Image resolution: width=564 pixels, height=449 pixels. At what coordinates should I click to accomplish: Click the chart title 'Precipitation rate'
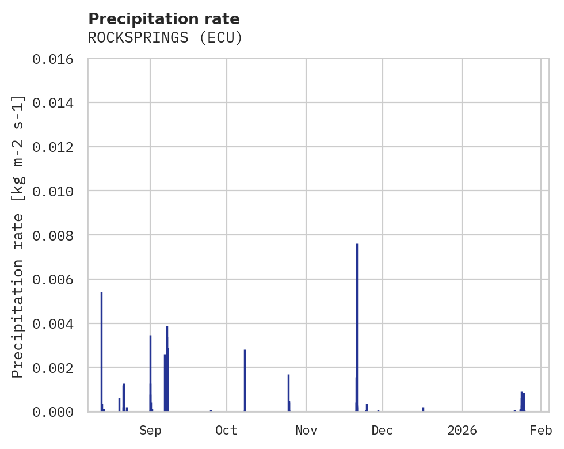(163, 19)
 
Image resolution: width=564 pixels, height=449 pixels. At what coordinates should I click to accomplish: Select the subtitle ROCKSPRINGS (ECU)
(165, 38)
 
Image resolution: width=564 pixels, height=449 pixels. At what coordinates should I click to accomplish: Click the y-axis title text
(18, 236)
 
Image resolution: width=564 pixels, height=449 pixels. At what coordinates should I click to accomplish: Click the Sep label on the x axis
(150, 431)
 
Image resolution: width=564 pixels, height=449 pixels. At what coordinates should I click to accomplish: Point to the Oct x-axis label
(227, 431)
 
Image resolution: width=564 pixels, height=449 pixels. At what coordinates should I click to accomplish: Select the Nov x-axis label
(306, 431)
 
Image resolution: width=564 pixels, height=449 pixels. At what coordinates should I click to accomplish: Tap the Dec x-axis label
(383, 431)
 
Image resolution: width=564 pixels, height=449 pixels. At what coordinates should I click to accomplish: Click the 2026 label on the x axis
(462, 431)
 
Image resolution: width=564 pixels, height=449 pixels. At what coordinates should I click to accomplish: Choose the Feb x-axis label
(541, 431)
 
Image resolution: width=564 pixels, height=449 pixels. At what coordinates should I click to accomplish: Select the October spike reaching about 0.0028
(245, 380)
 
